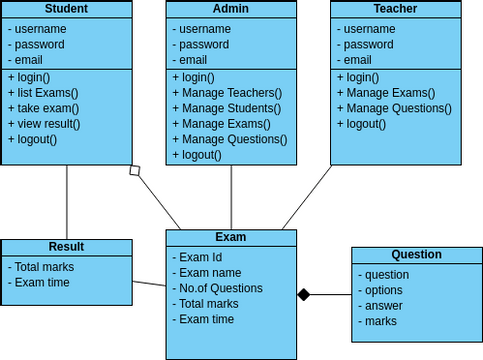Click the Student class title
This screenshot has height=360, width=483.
pyautogui.click(x=66, y=9)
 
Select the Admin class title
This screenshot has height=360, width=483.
pyautogui.click(x=231, y=9)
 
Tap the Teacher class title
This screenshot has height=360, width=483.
pyautogui.click(x=395, y=9)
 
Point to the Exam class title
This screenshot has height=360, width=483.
pyautogui.click(x=231, y=237)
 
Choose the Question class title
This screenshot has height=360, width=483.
pyautogui.click(x=416, y=255)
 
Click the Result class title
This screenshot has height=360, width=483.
pyautogui.click(x=66, y=247)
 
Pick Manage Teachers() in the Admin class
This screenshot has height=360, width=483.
pyautogui.click(x=227, y=93)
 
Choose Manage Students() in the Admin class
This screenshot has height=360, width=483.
pyautogui.click(x=227, y=108)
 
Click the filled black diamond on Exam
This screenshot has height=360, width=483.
pyautogui.click(x=304, y=294)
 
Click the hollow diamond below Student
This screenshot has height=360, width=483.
pyautogui.click(x=135, y=171)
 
